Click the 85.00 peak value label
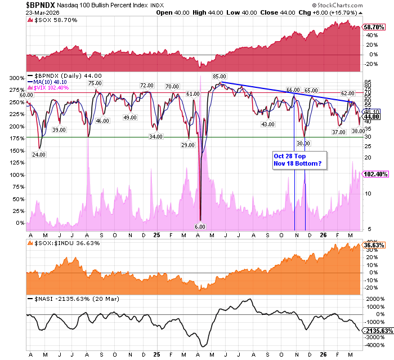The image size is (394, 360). point(220,76)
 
